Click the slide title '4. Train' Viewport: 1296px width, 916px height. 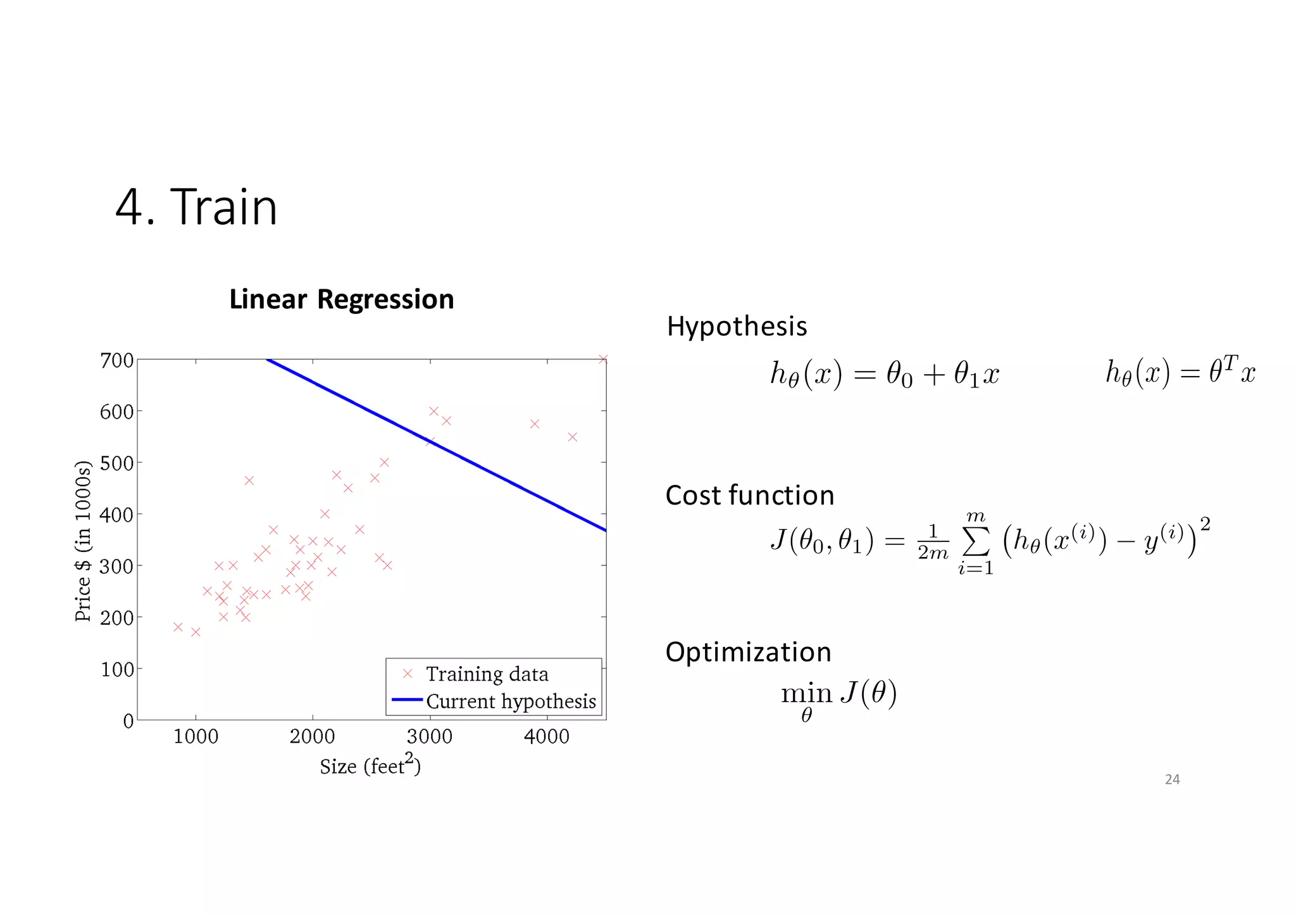[196, 207]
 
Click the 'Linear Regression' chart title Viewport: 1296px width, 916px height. [341, 299]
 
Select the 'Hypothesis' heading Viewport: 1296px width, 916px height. [737, 327]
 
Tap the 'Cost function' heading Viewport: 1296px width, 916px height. [749, 496]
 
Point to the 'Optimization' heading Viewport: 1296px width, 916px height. [748, 652]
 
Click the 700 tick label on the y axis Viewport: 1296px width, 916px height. [117, 361]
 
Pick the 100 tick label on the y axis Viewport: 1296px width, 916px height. [117, 669]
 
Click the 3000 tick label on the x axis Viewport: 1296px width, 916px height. [430, 737]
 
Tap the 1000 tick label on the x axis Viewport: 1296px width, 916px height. [196, 737]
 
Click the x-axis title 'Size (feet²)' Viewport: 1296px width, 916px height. [370, 765]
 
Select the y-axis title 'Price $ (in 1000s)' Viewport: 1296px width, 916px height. [84, 541]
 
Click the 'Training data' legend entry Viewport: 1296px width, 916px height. [487, 674]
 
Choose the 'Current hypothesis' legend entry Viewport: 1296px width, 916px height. [511, 701]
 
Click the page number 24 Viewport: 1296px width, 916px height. [1172, 780]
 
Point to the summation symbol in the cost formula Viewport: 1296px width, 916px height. [976, 542]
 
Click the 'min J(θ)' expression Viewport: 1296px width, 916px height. [839, 696]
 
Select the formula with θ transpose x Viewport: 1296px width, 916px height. [1180, 372]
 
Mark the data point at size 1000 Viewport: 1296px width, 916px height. [196, 632]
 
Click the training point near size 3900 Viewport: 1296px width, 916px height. [535, 424]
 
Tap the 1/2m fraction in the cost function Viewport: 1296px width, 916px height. [933, 543]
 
